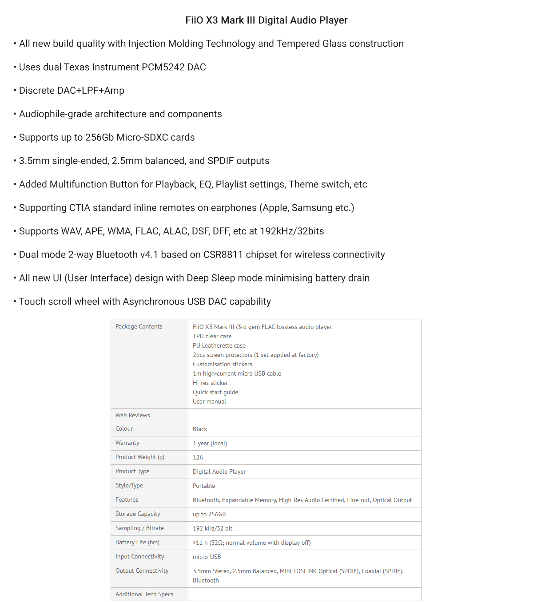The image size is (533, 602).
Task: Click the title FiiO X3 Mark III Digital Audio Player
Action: [x=266, y=20]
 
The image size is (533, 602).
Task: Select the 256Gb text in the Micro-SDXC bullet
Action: [x=99, y=138]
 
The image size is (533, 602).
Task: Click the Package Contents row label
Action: [x=139, y=327]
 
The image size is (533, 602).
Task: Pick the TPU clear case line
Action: [x=212, y=337]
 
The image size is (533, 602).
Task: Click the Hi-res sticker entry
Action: [x=210, y=383]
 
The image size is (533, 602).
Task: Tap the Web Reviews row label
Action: [x=132, y=416]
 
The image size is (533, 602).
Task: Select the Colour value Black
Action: [x=200, y=429]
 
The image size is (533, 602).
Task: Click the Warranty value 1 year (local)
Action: [x=210, y=444]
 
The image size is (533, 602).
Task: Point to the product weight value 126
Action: [x=198, y=458]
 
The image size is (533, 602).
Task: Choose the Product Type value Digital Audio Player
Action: [x=219, y=472]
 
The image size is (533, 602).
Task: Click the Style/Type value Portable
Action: [x=204, y=486]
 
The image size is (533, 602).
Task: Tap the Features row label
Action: [x=127, y=500]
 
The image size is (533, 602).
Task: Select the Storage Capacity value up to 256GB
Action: [x=209, y=515]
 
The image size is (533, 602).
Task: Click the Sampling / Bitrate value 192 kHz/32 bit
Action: [x=212, y=529]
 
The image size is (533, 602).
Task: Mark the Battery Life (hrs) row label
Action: [x=137, y=543]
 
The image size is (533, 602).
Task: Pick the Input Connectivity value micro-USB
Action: [x=207, y=557]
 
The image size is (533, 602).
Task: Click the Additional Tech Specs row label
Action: [x=144, y=594]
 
